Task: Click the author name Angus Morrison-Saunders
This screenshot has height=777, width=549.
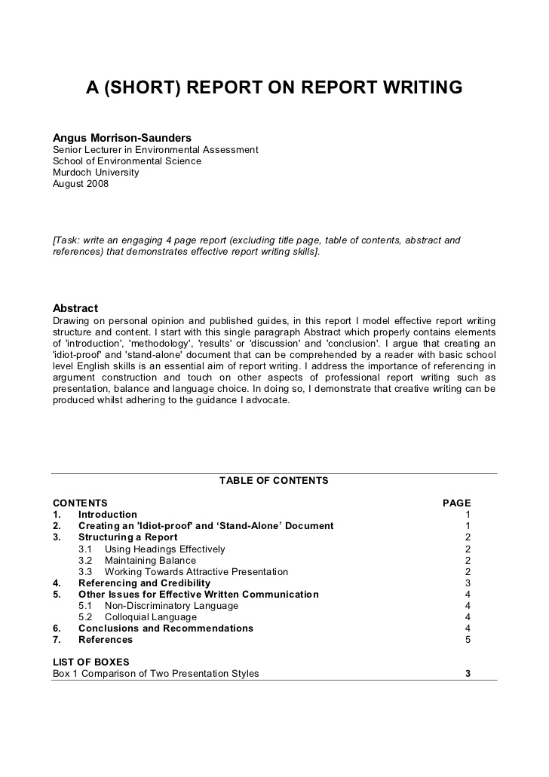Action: click(121, 138)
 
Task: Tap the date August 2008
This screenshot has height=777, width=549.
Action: click(81, 184)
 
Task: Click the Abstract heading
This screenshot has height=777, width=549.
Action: click(75, 308)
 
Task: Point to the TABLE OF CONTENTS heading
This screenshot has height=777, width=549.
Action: click(274, 480)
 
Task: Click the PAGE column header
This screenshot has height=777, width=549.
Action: click(456, 503)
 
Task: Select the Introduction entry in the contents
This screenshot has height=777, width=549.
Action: click(108, 515)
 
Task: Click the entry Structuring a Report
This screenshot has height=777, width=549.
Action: click(128, 537)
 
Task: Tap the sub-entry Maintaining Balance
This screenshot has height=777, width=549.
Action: click(150, 561)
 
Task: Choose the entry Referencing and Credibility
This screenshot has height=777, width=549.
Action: click(144, 583)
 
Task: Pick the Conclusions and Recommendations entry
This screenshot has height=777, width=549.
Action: click(166, 629)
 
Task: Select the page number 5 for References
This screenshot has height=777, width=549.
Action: click(468, 640)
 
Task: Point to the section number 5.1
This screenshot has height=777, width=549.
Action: click(85, 606)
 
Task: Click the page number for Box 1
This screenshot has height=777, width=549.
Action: click(468, 674)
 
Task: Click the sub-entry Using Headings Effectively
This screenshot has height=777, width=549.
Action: click(164, 549)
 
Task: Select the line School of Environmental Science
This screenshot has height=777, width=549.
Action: click(127, 161)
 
